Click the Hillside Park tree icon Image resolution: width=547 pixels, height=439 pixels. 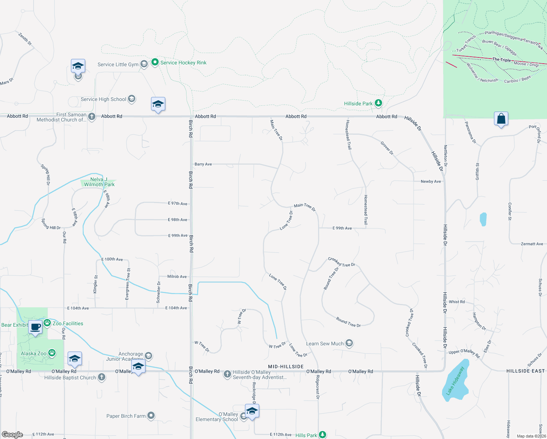(x=378, y=103)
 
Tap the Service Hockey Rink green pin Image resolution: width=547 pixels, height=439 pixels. (x=155, y=62)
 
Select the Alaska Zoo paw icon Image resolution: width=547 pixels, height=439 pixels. (x=52, y=353)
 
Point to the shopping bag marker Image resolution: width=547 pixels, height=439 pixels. (x=501, y=119)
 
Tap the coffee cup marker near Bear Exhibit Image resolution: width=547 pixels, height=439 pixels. (x=35, y=327)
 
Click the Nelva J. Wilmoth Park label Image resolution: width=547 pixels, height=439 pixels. (x=99, y=182)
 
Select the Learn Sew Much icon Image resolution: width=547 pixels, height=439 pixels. (x=349, y=343)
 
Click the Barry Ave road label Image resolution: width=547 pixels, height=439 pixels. (x=203, y=164)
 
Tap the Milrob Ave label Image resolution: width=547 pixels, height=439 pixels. (x=177, y=277)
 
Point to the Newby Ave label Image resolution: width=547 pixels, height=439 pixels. (x=431, y=181)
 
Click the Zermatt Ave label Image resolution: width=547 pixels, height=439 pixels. (x=532, y=244)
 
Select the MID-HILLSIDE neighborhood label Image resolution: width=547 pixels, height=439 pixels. (x=286, y=367)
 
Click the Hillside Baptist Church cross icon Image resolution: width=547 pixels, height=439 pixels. (x=102, y=377)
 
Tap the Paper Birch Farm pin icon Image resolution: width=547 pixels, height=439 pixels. (x=151, y=416)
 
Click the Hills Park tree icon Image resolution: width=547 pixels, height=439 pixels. (x=322, y=435)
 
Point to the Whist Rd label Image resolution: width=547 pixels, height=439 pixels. (x=457, y=302)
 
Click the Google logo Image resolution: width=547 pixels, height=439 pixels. (x=12, y=435)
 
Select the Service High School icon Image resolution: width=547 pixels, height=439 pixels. (x=132, y=99)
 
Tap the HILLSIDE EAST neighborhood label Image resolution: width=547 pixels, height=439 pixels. (x=525, y=371)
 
